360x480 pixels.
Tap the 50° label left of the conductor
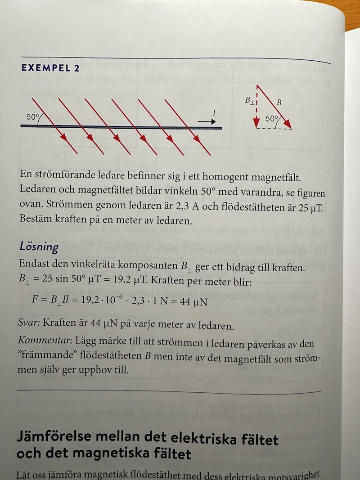pos(33,117)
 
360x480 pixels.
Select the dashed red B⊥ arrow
pos(256,106)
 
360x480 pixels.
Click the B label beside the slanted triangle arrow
pos(279,103)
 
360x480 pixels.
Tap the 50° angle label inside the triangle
pos(272,119)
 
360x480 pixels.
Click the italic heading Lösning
pos(39,247)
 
